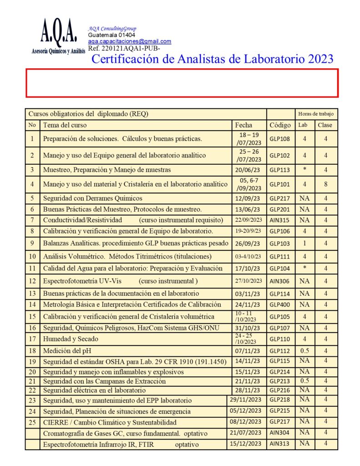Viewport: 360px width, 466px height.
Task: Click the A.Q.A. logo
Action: [x=59, y=37]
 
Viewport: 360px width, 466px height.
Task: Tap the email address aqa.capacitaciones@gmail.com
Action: [x=130, y=41]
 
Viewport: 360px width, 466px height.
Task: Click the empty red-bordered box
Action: [x=182, y=83]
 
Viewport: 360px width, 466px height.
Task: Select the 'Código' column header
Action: [x=279, y=125]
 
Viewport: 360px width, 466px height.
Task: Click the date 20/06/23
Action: [x=248, y=170]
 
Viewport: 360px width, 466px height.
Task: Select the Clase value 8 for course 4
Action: [x=325, y=184]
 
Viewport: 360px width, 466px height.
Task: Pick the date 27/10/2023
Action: [x=248, y=281]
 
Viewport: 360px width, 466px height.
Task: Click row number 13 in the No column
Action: [x=32, y=294]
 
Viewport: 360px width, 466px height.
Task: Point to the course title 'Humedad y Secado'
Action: [x=71, y=339]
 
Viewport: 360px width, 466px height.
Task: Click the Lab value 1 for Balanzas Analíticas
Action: [x=304, y=243]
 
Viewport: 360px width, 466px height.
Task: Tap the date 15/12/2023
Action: [x=246, y=444]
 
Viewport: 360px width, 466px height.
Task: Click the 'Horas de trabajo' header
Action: [x=316, y=114]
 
